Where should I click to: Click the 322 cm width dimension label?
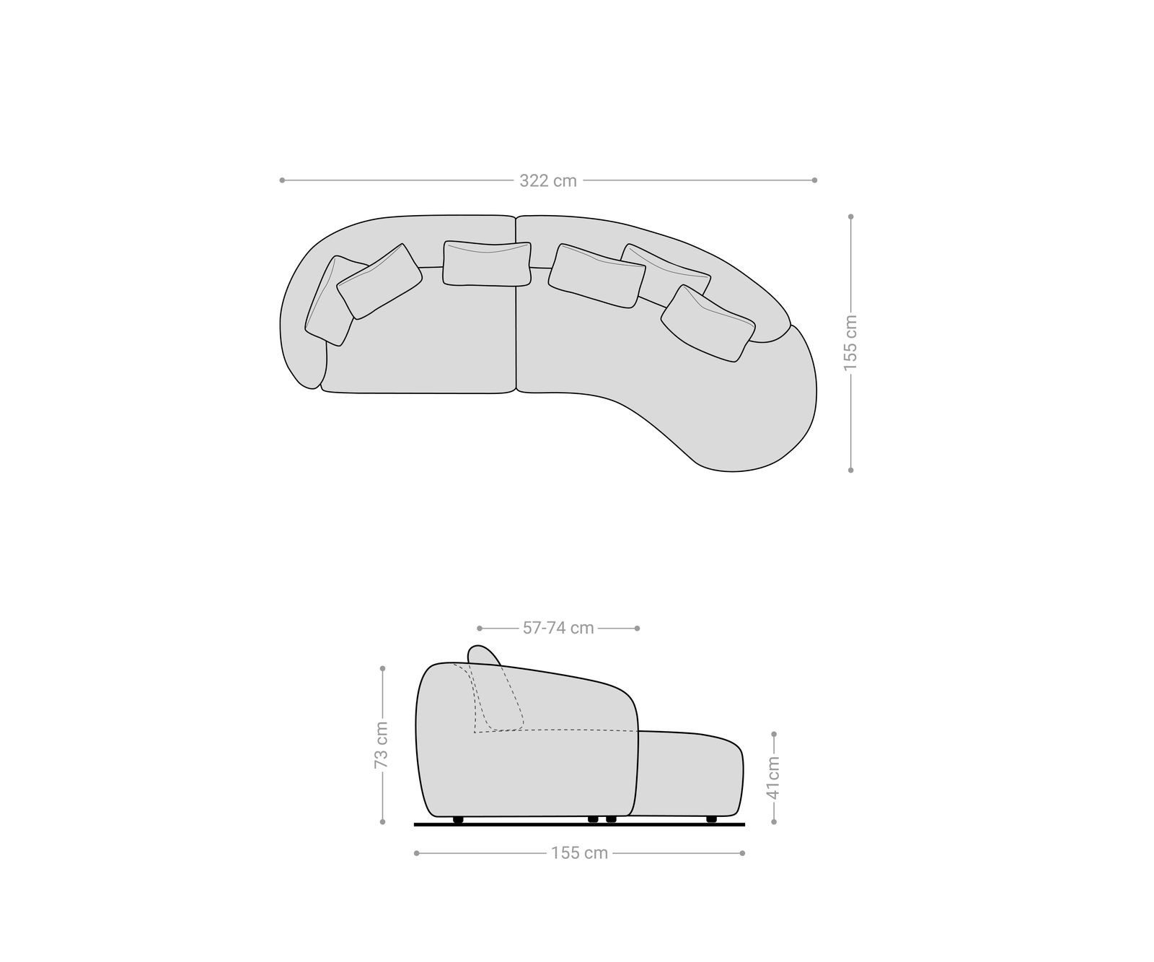click(x=548, y=181)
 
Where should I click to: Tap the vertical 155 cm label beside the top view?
click(x=851, y=343)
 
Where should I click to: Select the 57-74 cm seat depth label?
click(x=558, y=629)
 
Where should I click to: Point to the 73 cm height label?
click(x=382, y=744)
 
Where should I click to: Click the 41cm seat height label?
click(x=773, y=777)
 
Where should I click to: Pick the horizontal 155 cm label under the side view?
click(x=579, y=853)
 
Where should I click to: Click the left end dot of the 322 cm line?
click(x=282, y=180)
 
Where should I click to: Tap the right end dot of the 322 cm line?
click(x=814, y=180)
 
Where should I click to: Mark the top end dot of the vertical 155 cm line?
click(x=851, y=217)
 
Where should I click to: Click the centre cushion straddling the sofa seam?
click(x=487, y=263)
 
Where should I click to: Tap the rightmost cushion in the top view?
click(x=707, y=323)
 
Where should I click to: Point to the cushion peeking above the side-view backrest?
click(x=483, y=654)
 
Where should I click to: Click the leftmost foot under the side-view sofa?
click(x=457, y=820)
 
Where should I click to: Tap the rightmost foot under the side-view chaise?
click(x=711, y=820)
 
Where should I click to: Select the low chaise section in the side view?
click(x=689, y=772)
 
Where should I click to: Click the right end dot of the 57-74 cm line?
click(x=638, y=629)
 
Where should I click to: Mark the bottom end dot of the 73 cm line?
click(x=382, y=821)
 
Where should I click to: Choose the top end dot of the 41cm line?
click(x=774, y=734)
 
